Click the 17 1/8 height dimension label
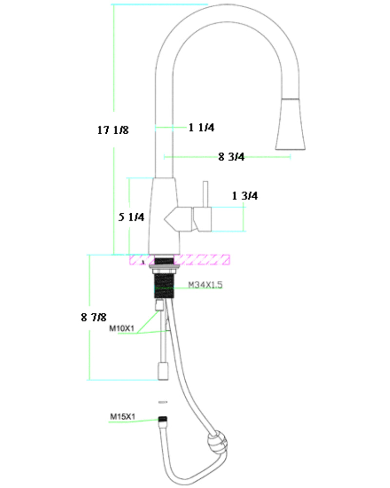coord(113,130)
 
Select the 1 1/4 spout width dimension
coord(202,127)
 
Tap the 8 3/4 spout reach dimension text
coord(231,157)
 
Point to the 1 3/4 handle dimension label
coord(245,196)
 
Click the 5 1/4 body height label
coord(132,217)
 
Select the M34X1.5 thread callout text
coord(205,285)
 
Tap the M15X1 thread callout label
coord(122,417)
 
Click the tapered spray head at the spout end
coord(291,124)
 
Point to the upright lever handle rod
coord(206,193)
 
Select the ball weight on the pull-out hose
coord(217,444)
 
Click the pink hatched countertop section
coord(205,260)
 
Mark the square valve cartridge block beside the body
coord(203,219)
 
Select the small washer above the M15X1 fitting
coord(163,402)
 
